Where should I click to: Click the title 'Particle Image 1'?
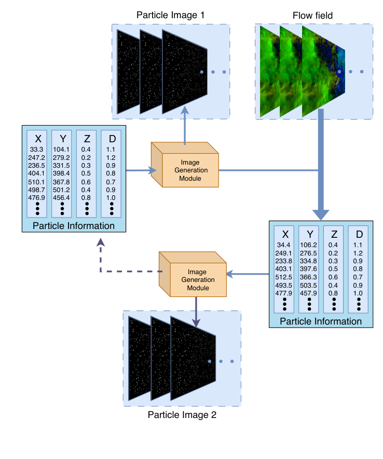pyautogui.click(x=170, y=16)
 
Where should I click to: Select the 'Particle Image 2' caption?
pyautogui.click(x=182, y=415)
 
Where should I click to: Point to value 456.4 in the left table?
pyautogui.click(x=62, y=198)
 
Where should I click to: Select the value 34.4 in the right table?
pyautogui.click(x=283, y=244)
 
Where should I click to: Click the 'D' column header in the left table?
pyautogui.click(x=112, y=138)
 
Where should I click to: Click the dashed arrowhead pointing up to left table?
pyautogui.click(x=100, y=242)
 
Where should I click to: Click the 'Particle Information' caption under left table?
pyautogui.click(x=74, y=226)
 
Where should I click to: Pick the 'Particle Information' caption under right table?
pyautogui.click(x=320, y=321)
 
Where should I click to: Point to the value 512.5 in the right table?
pyautogui.click(x=283, y=277)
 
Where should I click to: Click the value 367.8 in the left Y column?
pyautogui.click(x=62, y=182)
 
